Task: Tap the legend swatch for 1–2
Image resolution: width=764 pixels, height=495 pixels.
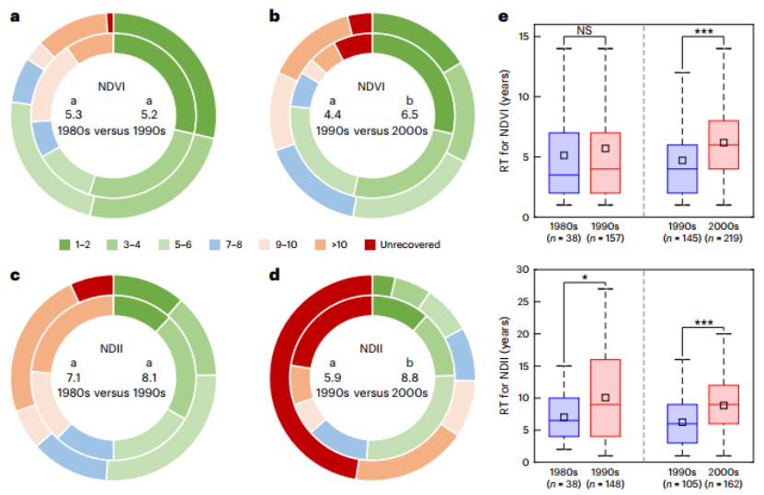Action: pos(65,244)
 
